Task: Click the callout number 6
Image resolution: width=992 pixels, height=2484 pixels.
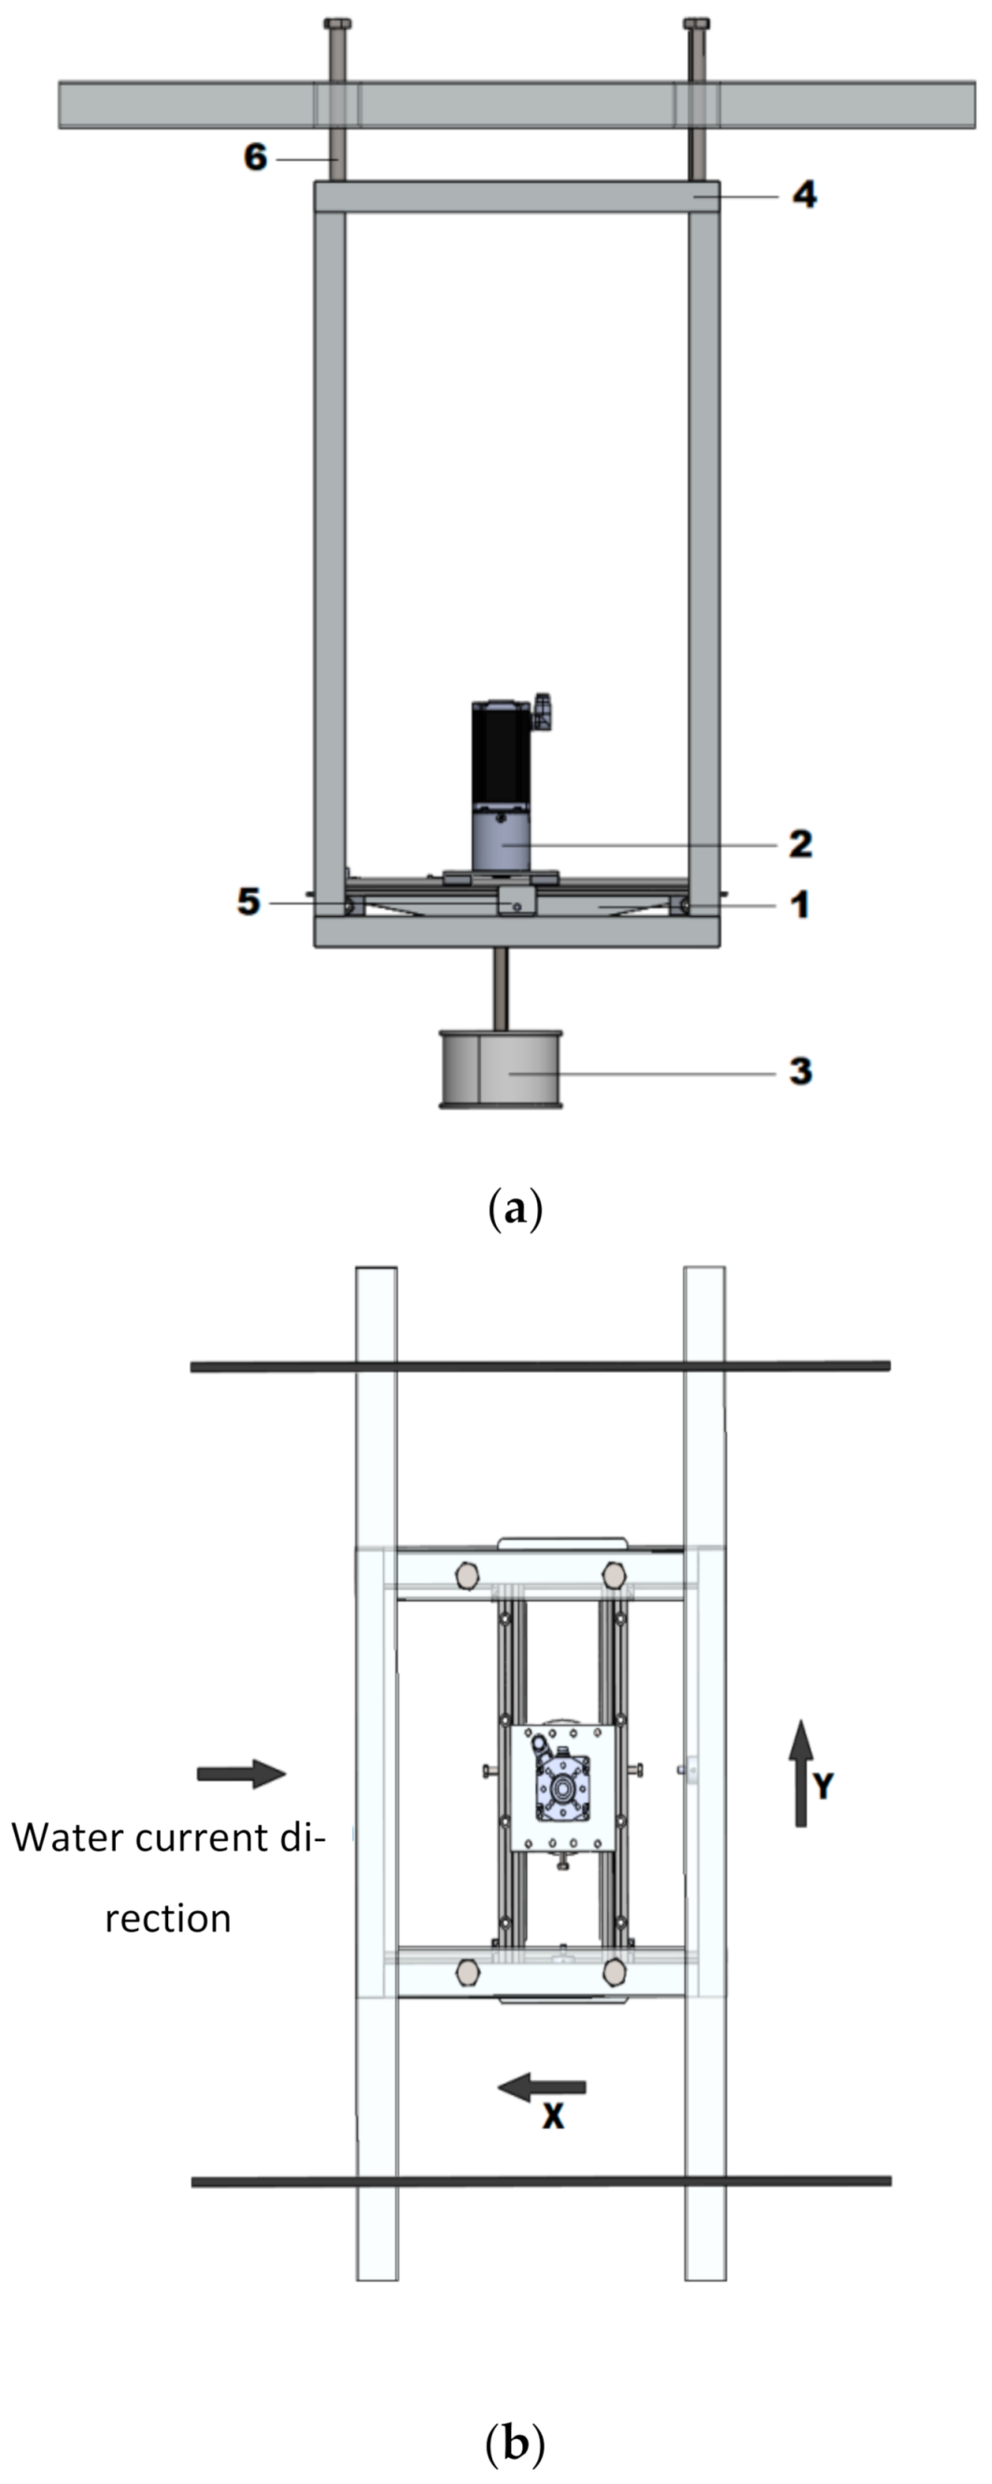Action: pos(254,156)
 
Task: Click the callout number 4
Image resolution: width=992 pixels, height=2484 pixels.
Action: pos(804,194)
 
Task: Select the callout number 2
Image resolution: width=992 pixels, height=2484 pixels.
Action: pos(801,844)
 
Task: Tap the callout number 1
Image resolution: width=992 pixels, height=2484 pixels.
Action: pos(801,905)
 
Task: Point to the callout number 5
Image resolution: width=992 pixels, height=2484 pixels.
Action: pos(248,902)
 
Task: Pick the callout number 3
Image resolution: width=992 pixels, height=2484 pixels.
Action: pos(801,1070)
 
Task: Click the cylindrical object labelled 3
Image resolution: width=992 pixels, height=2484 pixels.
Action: pos(501,1069)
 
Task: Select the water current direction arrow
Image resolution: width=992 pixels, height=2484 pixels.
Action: pos(241,1773)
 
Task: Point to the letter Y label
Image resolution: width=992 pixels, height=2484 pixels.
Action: pos(822,1787)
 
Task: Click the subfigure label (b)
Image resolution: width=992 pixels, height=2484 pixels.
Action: pos(516,2445)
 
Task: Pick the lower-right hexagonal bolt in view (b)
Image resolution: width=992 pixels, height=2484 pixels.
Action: pos(614,1972)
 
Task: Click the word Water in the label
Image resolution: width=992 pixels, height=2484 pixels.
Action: pos(66,1838)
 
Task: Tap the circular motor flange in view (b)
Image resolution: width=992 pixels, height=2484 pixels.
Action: pos(561,1786)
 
